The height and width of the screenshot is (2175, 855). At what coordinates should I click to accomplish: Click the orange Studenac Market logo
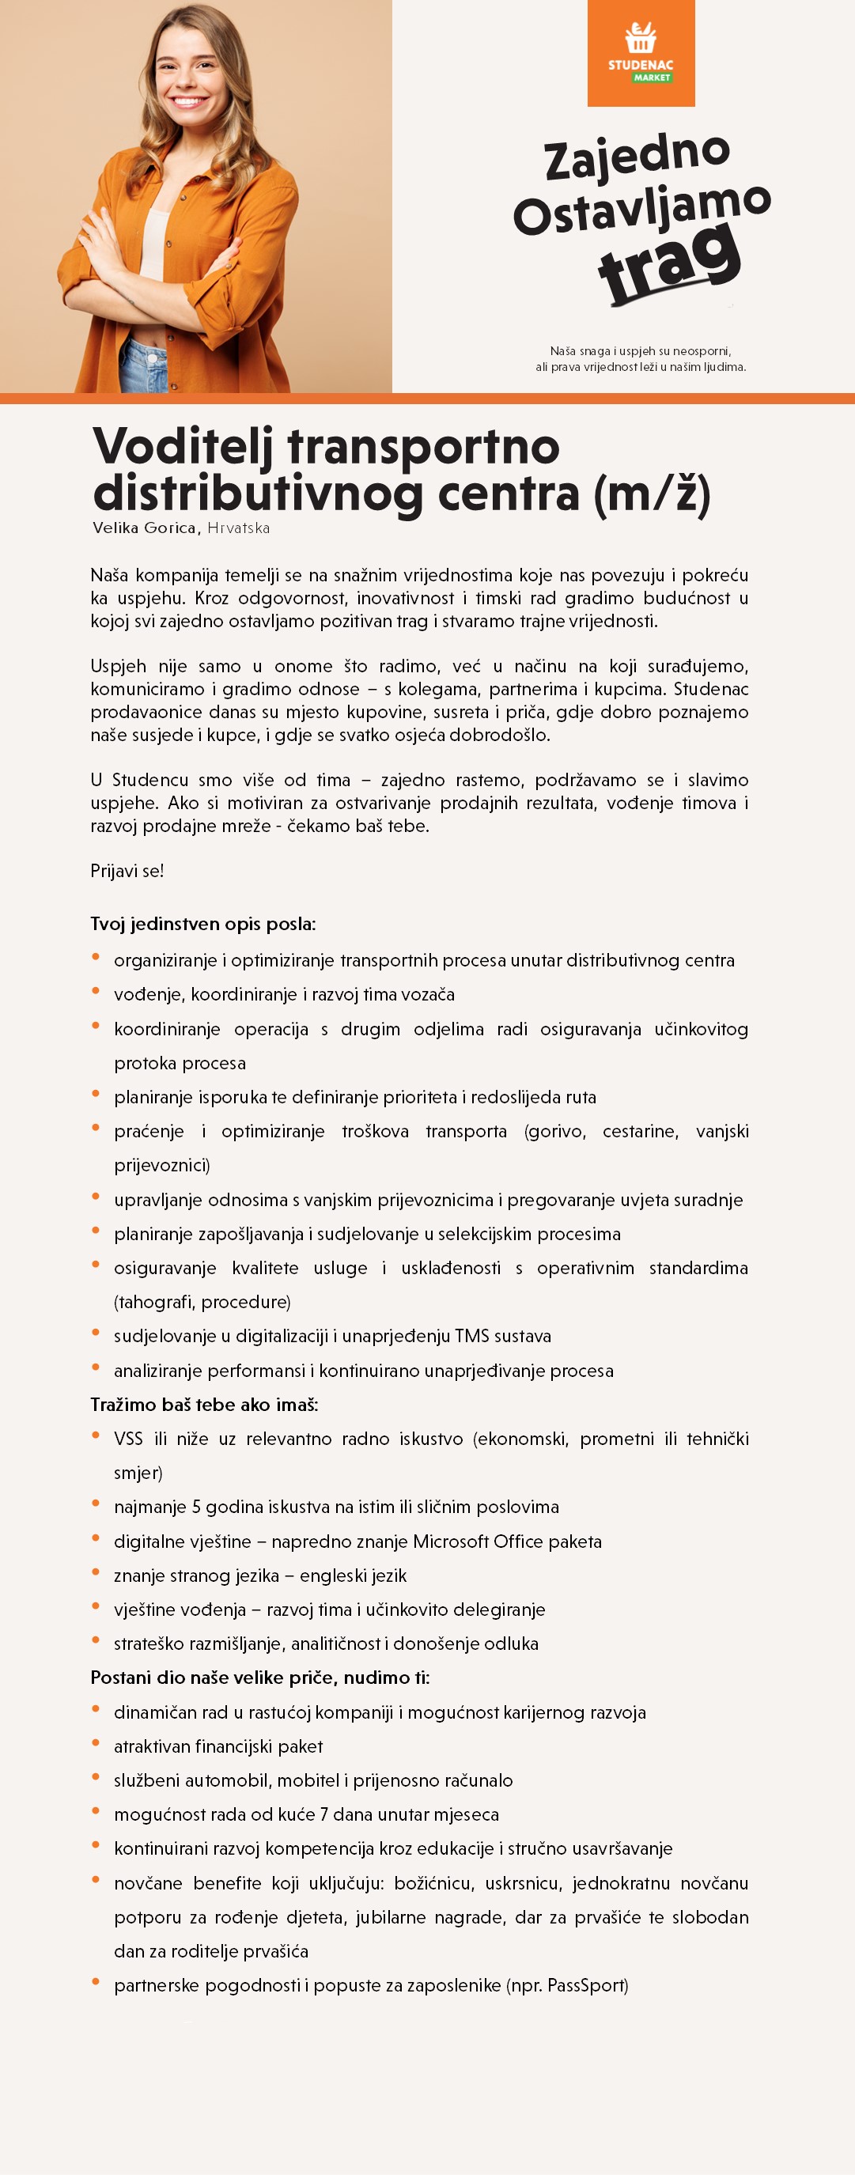coord(641,53)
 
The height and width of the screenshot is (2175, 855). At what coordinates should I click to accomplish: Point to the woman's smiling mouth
coord(189,103)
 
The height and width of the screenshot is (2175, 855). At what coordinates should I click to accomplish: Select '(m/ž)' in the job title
coord(652,494)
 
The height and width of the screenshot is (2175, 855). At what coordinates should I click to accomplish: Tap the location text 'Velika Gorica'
coord(143,528)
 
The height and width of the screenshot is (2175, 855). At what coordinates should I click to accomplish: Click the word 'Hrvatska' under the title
coord(239,528)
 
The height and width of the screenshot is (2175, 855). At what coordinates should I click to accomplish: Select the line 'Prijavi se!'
coord(127,871)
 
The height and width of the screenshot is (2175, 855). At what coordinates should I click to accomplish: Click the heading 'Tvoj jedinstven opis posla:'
coord(202,924)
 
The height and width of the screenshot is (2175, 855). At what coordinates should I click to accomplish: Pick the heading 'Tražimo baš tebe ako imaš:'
coord(204,1404)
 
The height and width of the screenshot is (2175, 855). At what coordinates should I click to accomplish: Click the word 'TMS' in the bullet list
coord(474,1336)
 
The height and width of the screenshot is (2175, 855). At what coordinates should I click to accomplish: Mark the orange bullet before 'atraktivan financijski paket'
coord(96,1743)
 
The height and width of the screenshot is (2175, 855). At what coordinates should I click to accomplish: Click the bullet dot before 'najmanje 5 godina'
coord(96,1504)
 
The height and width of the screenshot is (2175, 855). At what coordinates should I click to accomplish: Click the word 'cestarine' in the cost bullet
coord(639,1132)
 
